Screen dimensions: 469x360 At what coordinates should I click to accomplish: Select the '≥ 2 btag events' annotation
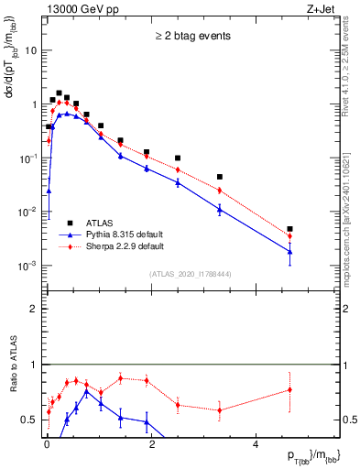(x=191, y=37)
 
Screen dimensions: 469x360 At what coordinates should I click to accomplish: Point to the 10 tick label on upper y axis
(x=29, y=50)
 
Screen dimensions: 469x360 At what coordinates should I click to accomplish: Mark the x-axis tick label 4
(x=256, y=446)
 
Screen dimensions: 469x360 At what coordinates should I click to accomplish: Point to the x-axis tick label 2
(x=151, y=446)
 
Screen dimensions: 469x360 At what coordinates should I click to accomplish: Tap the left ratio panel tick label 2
(x=33, y=309)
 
